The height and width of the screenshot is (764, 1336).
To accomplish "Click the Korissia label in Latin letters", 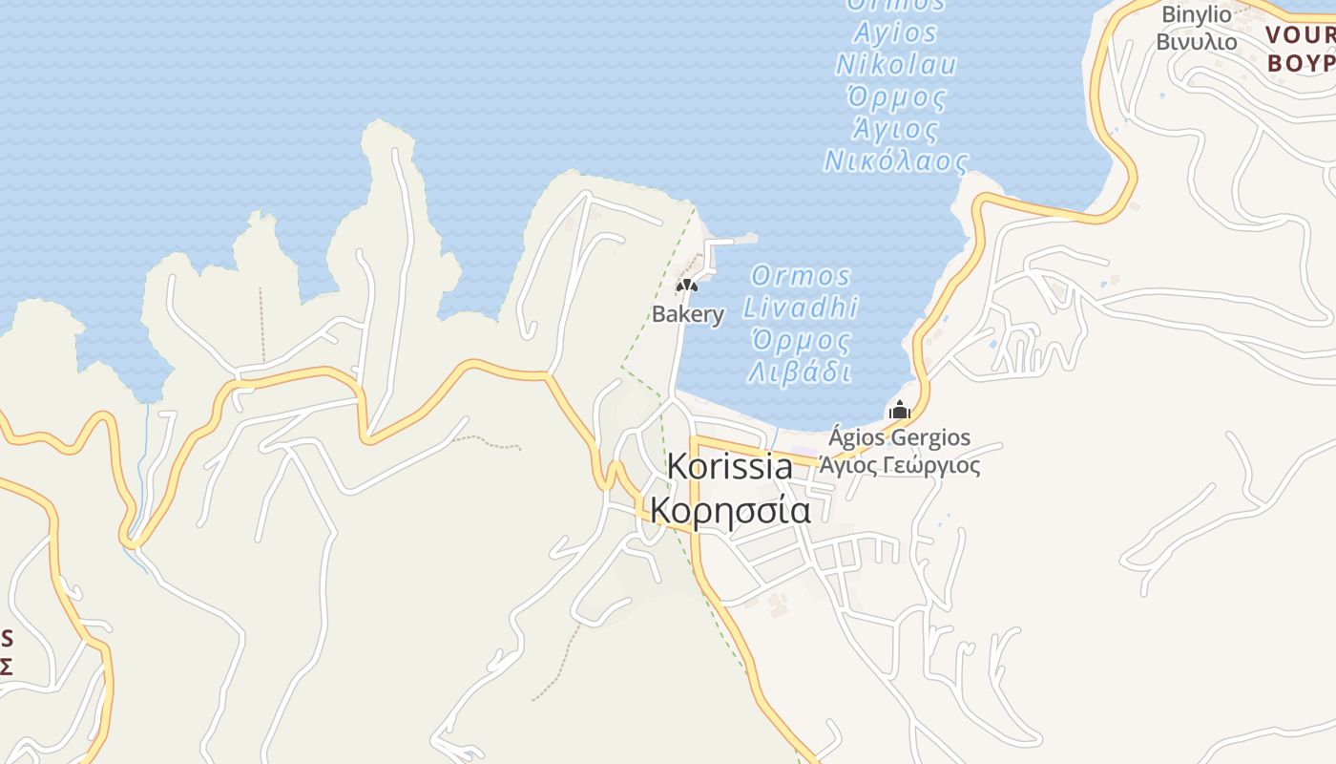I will click(x=729, y=466).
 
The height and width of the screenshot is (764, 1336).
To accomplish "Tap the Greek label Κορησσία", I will click(x=730, y=510).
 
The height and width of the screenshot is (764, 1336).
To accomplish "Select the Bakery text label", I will click(x=687, y=314).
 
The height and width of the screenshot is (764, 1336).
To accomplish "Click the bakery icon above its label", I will click(x=687, y=285).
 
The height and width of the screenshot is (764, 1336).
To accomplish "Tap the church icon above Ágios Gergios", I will click(x=899, y=411).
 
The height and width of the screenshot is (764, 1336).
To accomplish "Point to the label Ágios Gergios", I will click(x=899, y=438).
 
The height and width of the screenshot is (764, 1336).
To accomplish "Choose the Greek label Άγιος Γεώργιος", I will click(x=901, y=466).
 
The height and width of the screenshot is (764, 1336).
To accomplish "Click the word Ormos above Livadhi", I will click(x=801, y=276).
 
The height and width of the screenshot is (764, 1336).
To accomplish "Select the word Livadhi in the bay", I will click(x=801, y=308).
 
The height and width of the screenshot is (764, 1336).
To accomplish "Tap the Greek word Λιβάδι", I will click(x=800, y=371).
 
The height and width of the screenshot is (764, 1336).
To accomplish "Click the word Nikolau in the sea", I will click(x=895, y=65).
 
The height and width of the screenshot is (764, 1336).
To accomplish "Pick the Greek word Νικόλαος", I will click(x=895, y=160).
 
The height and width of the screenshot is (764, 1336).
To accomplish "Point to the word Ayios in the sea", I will click(x=895, y=33).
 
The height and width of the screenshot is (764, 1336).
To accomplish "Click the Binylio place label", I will click(x=1196, y=14).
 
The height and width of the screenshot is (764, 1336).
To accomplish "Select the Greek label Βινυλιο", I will click(x=1196, y=42).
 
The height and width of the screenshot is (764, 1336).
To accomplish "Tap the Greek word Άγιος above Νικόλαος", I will click(x=895, y=128).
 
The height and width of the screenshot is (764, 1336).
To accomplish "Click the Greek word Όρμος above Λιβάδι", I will click(x=800, y=340).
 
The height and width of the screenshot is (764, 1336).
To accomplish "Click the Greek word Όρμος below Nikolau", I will click(x=896, y=96).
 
